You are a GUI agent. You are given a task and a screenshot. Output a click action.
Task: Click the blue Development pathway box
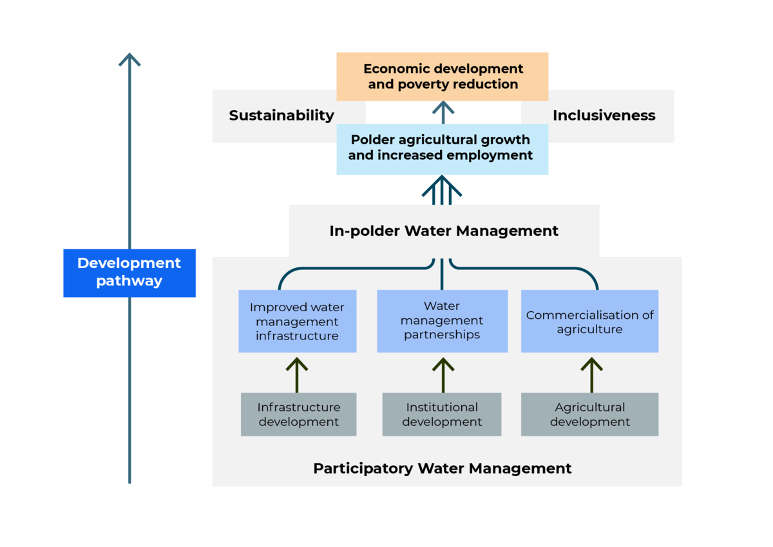click(129, 273)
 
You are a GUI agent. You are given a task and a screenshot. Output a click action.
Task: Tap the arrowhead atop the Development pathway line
click(129, 60)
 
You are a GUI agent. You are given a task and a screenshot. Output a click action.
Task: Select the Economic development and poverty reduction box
click(443, 76)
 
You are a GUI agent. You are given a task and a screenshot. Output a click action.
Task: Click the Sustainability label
click(282, 116)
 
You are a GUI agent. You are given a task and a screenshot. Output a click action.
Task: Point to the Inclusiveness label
click(604, 116)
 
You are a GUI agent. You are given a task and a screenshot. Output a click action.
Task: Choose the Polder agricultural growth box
click(443, 148)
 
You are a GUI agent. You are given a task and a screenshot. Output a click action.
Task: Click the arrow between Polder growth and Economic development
click(443, 112)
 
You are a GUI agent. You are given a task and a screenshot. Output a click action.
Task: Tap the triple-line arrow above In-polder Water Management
click(442, 190)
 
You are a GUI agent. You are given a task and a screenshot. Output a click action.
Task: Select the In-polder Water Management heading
click(444, 231)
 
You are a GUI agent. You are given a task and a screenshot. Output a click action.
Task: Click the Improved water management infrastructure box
click(297, 321)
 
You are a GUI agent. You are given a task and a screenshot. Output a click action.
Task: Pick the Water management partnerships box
click(442, 320)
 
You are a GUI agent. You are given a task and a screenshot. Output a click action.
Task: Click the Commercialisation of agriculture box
click(589, 321)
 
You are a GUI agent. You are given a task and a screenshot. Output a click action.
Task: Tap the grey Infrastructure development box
click(298, 414)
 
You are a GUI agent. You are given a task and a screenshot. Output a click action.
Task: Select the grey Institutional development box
click(442, 414)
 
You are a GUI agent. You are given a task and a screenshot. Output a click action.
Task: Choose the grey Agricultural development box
click(589, 414)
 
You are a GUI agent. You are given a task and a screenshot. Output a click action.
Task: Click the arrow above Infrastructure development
click(297, 374)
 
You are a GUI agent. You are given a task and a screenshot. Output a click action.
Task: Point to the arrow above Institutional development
click(443, 374)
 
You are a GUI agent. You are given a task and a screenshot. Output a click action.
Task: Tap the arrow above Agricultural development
click(591, 374)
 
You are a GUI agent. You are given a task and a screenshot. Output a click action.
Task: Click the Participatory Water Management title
click(442, 468)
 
